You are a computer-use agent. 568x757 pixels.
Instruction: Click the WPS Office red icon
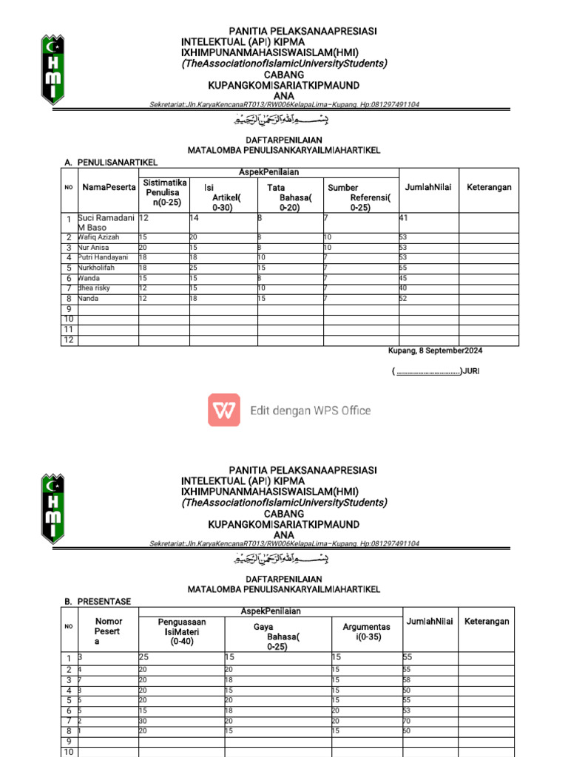223,410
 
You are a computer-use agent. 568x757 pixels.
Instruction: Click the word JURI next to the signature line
470,371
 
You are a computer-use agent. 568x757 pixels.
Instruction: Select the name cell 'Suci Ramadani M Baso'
107,223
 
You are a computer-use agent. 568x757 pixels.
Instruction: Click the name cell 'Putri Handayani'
104,257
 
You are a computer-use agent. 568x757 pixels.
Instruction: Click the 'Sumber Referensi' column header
359,198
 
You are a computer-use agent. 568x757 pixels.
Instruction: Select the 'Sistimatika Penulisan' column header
164,192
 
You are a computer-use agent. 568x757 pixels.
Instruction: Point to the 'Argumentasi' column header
366,632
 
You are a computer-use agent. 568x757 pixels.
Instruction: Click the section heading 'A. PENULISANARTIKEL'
112,162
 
